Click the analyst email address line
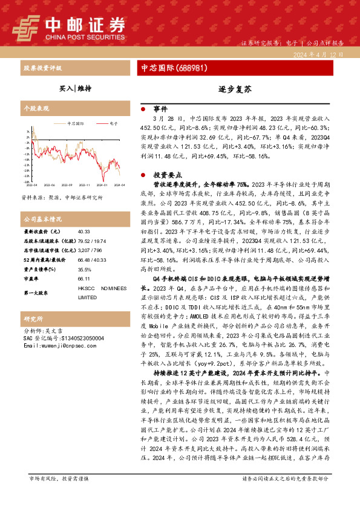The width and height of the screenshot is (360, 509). [58, 346]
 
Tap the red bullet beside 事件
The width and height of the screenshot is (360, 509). [143, 109]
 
